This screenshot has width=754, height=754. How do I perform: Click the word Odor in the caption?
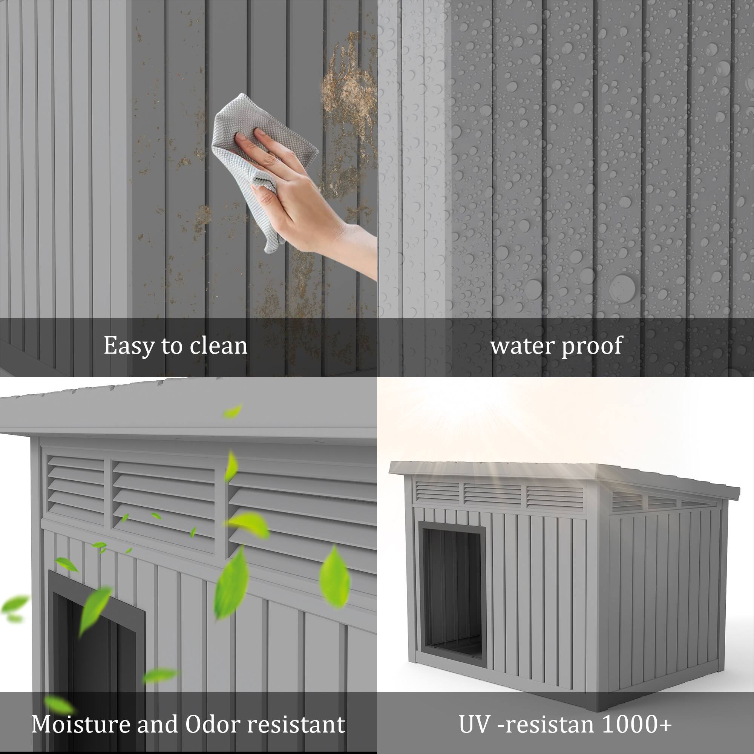click(212, 724)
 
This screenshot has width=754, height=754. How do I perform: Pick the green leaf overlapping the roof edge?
click(233, 411)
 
